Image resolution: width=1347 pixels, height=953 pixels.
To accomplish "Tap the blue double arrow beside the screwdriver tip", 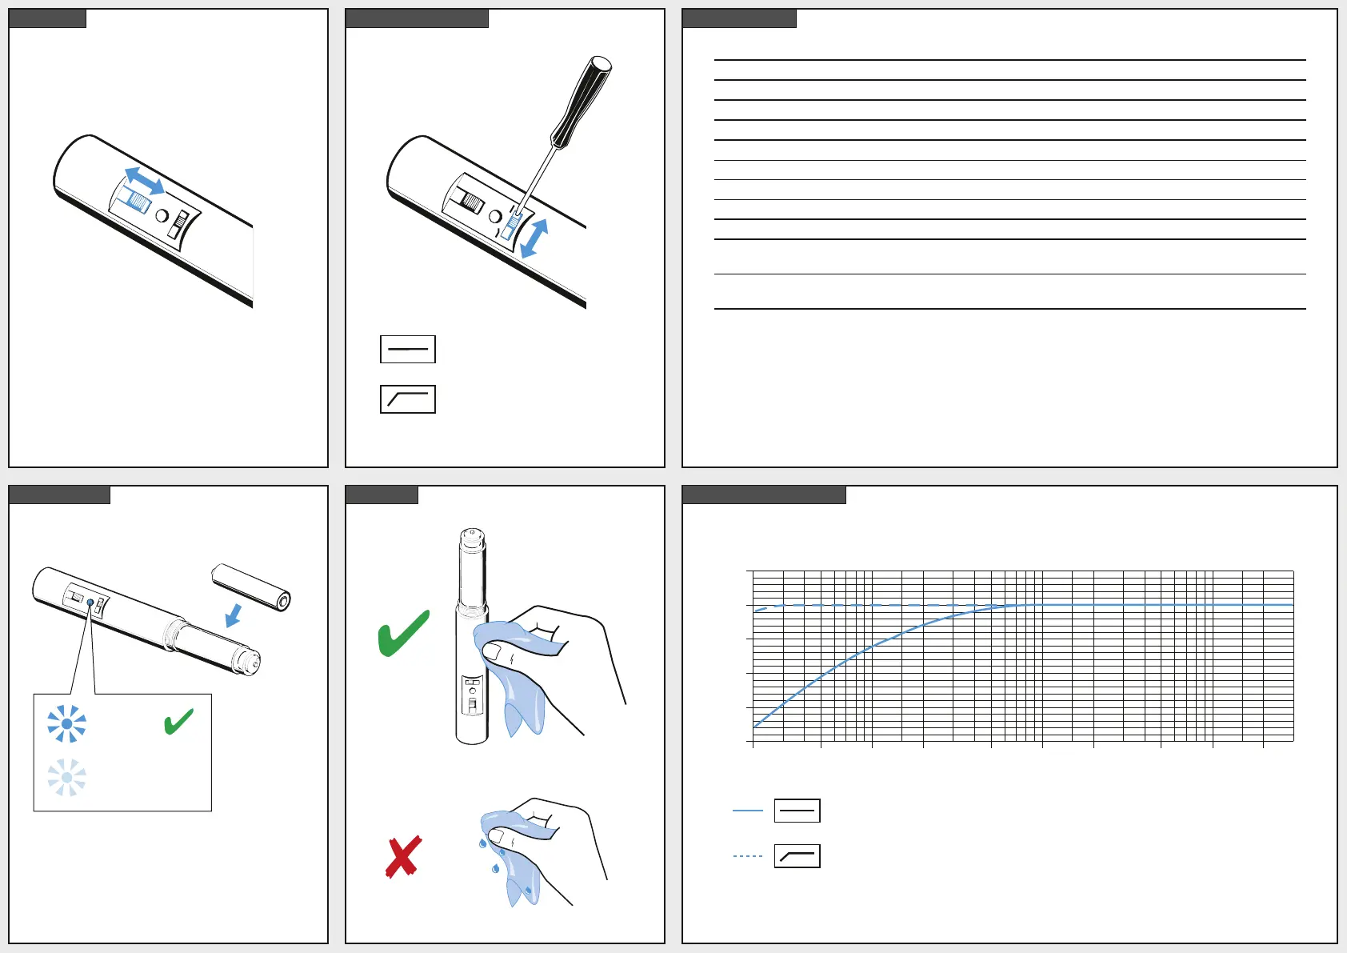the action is tap(534, 238).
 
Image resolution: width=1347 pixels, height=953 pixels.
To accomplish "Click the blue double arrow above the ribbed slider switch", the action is tap(145, 181).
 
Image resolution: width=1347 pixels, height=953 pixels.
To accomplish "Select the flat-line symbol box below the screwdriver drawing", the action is tap(408, 350).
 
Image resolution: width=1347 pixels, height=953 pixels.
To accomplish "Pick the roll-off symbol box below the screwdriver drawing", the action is tap(408, 399).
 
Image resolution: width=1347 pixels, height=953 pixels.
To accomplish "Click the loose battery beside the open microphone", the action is tap(251, 587).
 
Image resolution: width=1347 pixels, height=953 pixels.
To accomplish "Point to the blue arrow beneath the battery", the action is tap(234, 615).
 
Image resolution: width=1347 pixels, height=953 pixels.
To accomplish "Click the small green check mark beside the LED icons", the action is tap(178, 721).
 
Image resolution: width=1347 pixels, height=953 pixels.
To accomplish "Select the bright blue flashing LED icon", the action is tap(66, 723).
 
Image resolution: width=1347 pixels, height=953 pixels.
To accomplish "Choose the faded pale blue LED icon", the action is tap(66, 777).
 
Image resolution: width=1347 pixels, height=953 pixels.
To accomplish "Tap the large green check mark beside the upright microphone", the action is tap(404, 633).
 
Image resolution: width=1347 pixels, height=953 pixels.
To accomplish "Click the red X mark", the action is tap(403, 857).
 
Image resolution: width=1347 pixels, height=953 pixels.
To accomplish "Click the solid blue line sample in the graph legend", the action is tap(748, 811).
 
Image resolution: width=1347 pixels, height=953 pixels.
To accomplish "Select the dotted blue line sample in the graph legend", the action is tap(748, 856).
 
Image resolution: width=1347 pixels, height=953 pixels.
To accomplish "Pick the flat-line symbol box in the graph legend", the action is tap(797, 811).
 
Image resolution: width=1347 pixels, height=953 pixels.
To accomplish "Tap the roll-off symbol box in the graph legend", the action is tap(797, 856).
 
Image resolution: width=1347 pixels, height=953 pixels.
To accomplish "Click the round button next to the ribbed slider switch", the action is tap(162, 216).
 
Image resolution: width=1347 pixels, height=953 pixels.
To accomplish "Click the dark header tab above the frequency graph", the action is tap(764, 495).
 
